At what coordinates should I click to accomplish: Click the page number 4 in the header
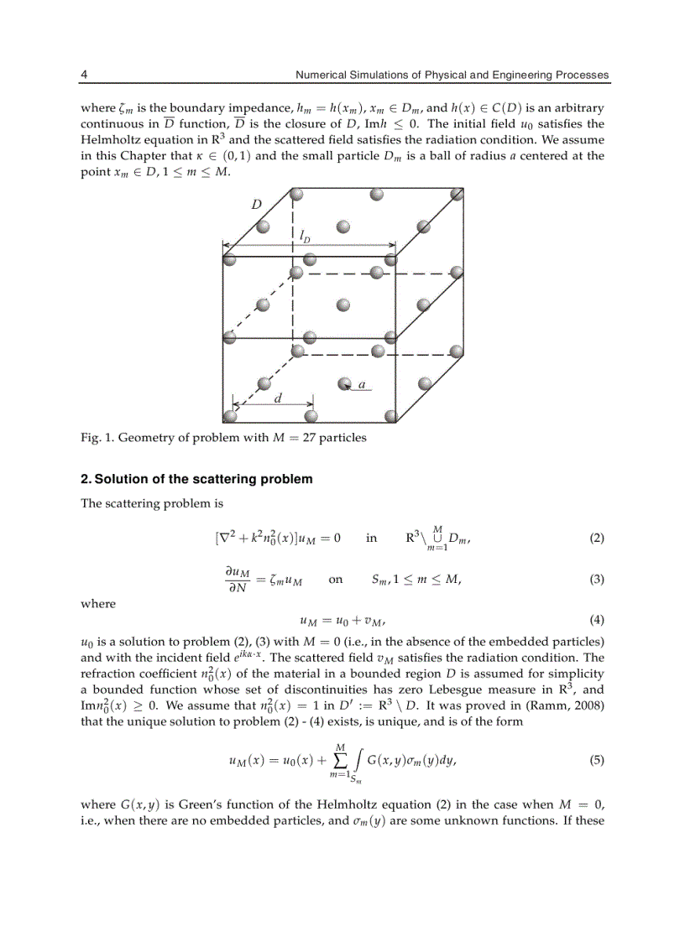(x=84, y=75)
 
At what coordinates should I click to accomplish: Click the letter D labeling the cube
(x=257, y=205)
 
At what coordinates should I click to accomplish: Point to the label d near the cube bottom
(x=278, y=398)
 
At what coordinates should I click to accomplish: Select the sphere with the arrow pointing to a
(x=343, y=384)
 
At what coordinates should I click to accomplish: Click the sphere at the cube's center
(x=342, y=305)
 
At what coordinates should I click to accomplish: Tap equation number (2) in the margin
(x=597, y=539)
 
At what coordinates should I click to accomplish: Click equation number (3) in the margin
(x=597, y=579)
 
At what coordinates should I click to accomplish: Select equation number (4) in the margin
(x=597, y=621)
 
